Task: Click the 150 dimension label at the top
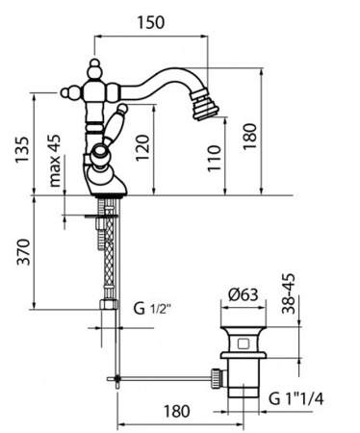tap(151, 22)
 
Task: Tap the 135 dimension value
tap(23, 150)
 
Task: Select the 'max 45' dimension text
tap(55, 161)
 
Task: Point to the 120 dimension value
tap(142, 148)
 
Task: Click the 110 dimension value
tap(215, 159)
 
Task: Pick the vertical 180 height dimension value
tap(250, 137)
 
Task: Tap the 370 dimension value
tap(23, 252)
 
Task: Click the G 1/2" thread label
tap(152, 309)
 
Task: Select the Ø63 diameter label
tap(243, 294)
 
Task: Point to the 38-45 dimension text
tap(288, 293)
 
